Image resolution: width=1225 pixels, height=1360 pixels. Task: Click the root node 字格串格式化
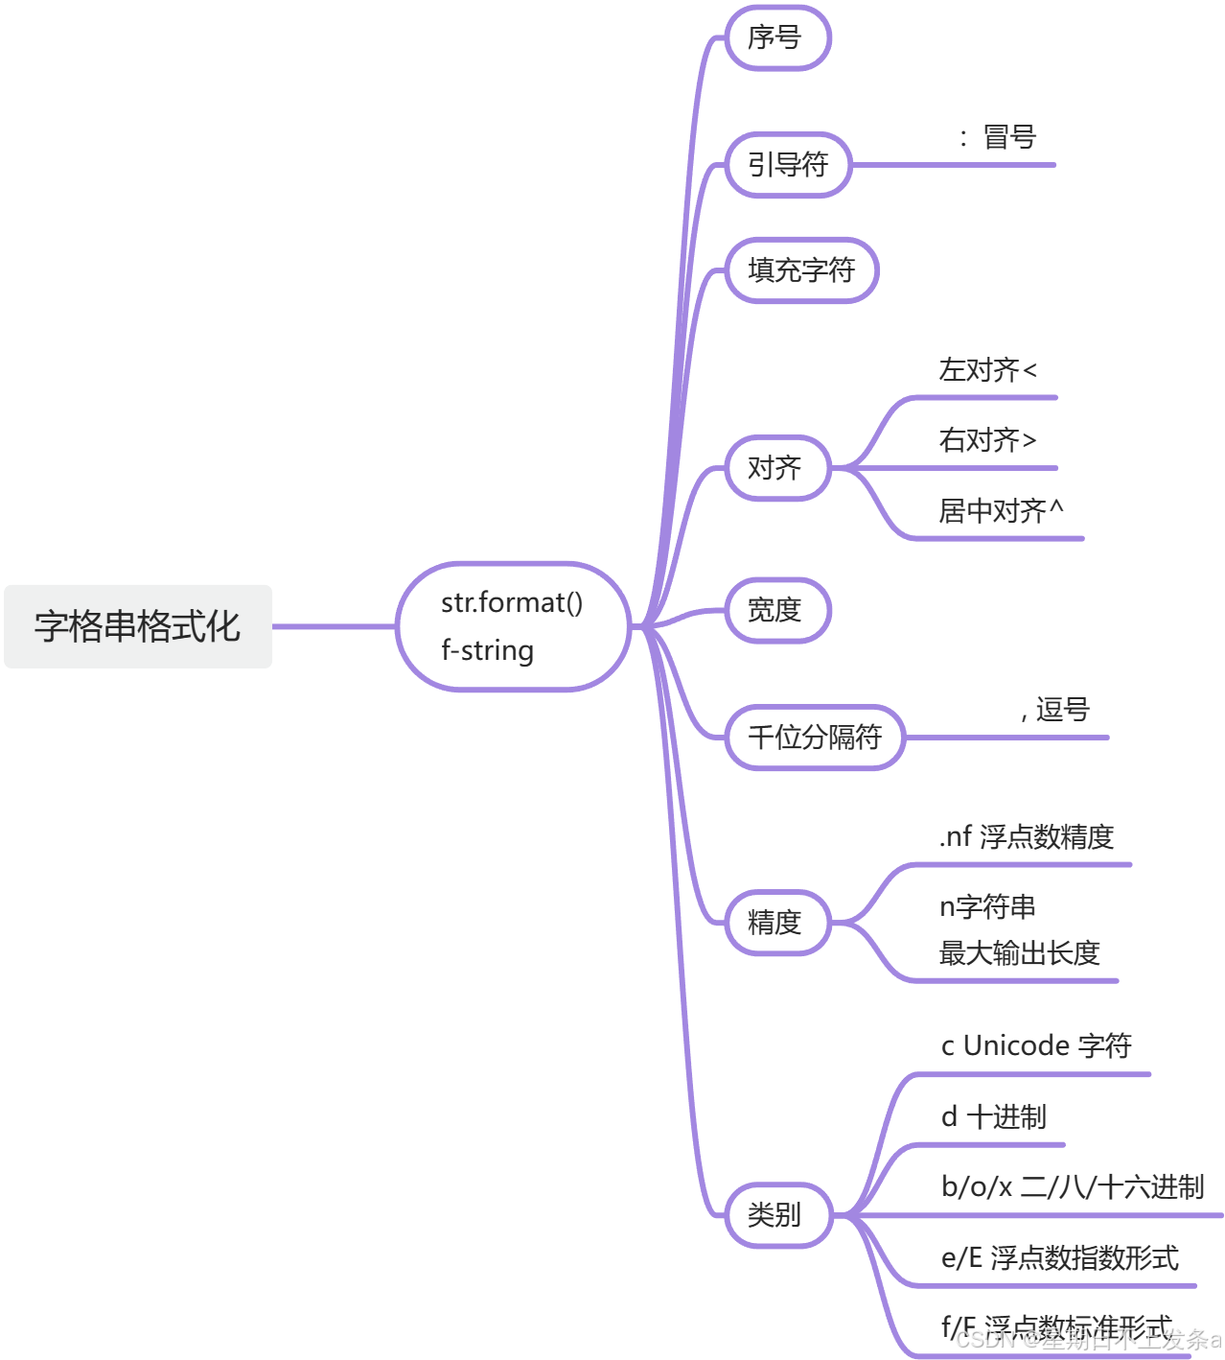(138, 626)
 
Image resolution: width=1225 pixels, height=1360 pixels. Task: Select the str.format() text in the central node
(511, 602)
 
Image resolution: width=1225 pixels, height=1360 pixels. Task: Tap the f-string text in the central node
(487, 650)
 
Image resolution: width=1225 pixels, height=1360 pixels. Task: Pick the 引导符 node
(788, 165)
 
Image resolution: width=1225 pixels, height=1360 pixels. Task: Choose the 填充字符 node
(801, 270)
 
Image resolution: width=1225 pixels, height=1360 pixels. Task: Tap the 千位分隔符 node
(815, 738)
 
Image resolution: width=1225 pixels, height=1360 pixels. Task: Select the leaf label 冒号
(1009, 137)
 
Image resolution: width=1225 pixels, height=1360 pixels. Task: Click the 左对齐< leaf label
(987, 370)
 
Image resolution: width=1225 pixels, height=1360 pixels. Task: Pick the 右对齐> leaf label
(987, 440)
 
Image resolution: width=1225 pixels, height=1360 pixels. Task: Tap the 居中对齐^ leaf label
(1001, 511)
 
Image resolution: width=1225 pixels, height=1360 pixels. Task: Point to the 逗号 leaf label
(1062, 710)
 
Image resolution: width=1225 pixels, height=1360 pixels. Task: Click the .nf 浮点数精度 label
(1026, 837)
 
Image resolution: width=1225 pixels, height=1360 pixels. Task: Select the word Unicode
(1016, 1045)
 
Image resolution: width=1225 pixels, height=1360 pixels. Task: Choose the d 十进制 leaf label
(993, 1117)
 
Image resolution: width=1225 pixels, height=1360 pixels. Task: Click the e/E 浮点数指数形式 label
(1059, 1257)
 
